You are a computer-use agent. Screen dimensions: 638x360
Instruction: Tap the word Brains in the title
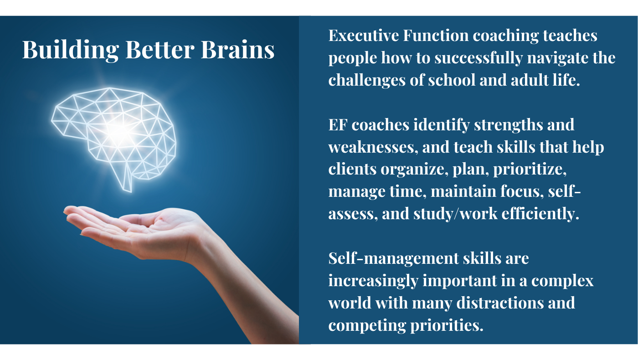point(237,50)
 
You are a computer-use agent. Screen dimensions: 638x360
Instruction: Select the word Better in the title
point(160,50)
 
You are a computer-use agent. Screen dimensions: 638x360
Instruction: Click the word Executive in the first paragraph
point(364,36)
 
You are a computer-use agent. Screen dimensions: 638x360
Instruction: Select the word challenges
point(367,81)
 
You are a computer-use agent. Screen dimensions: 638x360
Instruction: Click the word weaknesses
point(373,147)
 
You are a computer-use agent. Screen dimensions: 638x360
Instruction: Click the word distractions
point(500,303)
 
